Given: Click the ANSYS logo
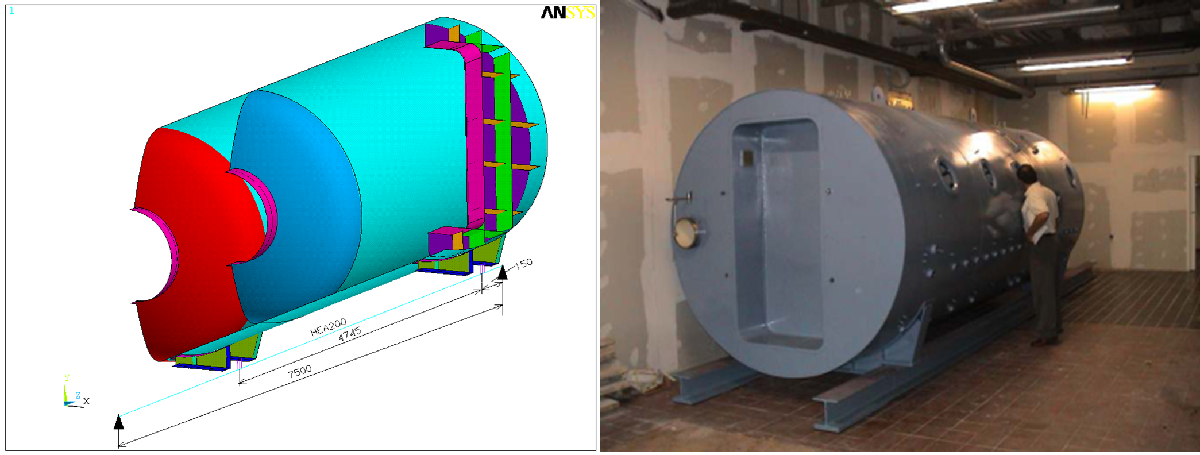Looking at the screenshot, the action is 567,13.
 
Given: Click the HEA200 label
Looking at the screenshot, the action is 328,327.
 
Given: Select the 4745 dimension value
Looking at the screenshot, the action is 349,335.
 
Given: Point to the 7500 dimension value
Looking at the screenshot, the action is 300,372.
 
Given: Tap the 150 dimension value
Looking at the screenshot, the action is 523,264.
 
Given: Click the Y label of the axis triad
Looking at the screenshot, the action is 67,378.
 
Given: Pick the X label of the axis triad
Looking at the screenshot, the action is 86,401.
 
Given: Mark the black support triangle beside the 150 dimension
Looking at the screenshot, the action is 503,272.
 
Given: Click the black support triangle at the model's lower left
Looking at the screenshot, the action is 119,422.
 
